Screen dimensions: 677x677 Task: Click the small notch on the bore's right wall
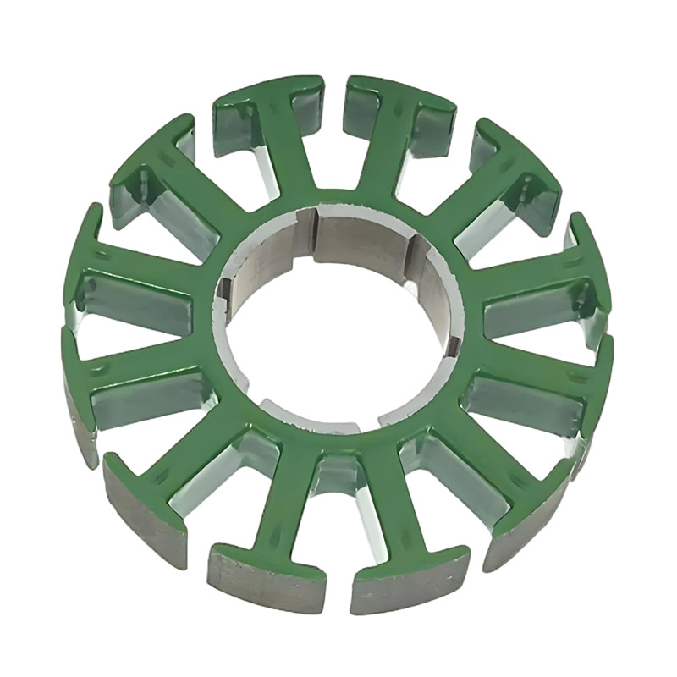click(x=453, y=343)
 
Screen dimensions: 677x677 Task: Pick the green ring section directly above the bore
click(x=338, y=199)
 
